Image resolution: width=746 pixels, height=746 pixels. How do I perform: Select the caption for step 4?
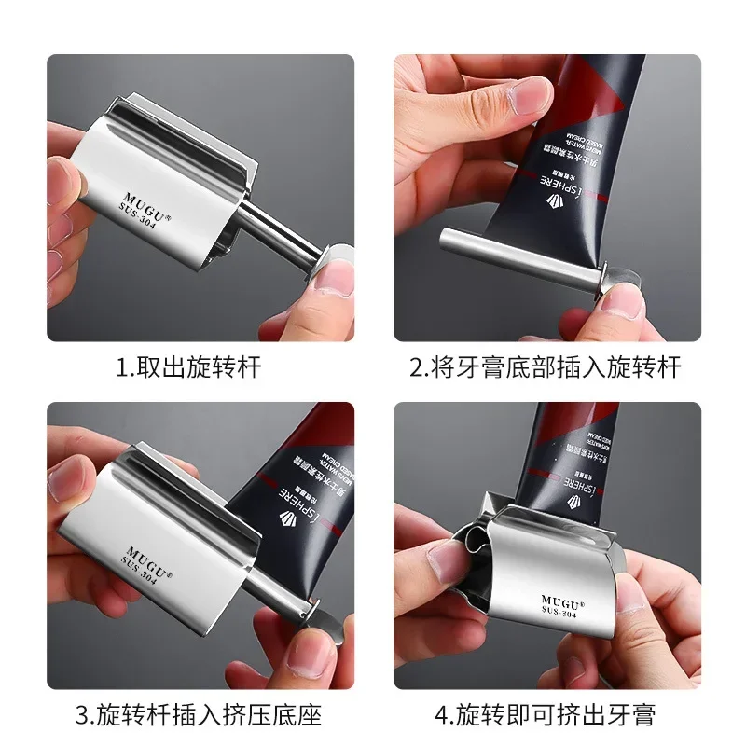point(546,716)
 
